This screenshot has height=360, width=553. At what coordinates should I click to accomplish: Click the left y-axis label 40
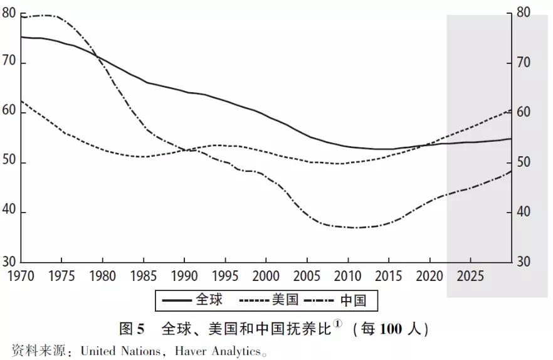(9, 213)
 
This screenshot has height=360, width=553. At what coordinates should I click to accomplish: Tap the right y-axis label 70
(523, 63)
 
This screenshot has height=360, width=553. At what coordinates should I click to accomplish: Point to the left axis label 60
(9, 113)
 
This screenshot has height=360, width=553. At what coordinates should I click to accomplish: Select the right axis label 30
(523, 262)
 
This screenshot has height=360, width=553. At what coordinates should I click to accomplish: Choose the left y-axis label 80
(9, 13)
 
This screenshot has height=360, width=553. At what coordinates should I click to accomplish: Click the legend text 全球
(209, 300)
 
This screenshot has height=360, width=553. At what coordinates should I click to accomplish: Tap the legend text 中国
(353, 300)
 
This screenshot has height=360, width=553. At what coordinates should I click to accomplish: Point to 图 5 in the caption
(132, 328)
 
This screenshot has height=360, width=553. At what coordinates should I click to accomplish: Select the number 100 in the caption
(389, 328)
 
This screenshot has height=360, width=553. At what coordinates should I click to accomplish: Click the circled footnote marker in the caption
(337, 324)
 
